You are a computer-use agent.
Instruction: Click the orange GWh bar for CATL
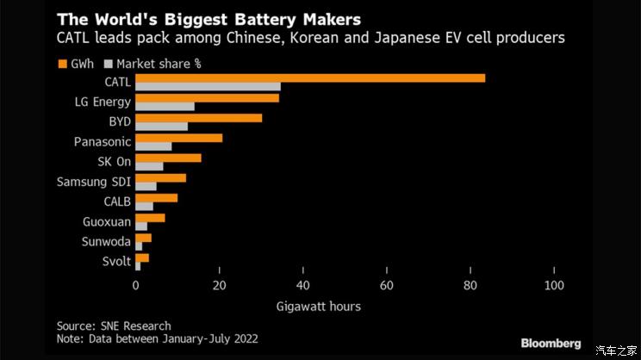pyautogui.click(x=310, y=78)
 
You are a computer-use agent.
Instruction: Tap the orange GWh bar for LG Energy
pyautogui.click(x=207, y=98)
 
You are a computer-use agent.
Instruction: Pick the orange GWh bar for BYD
pyautogui.click(x=198, y=118)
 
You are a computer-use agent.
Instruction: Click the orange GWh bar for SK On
pyautogui.click(x=168, y=158)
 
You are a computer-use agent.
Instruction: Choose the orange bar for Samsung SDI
pyautogui.click(x=160, y=177)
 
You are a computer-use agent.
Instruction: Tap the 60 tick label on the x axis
pyautogui.click(x=387, y=286)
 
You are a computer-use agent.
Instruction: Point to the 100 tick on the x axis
pyautogui.click(x=554, y=286)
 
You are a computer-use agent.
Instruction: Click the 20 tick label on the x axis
pyautogui.click(x=220, y=286)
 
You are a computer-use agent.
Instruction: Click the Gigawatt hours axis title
pyautogui.click(x=318, y=307)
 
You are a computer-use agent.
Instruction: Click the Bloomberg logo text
pyautogui.click(x=551, y=344)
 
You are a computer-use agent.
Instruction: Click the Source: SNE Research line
pyautogui.click(x=114, y=326)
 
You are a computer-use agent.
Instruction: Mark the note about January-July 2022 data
pyautogui.click(x=158, y=339)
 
